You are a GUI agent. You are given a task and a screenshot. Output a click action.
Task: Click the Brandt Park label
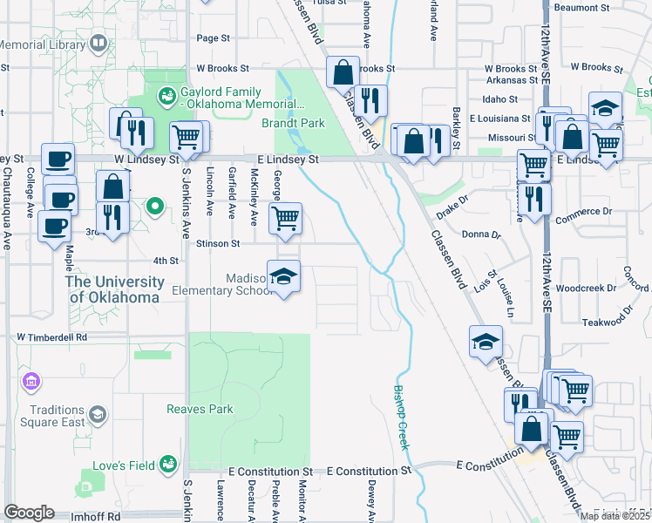pyautogui.click(x=293, y=124)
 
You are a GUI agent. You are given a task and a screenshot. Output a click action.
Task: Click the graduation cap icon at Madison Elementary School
pyautogui.click(x=283, y=277)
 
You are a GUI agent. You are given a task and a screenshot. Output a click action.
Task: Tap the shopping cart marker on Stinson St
pyautogui.click(x=285, y=219)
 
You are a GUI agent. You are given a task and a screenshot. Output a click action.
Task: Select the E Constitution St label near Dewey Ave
pyautogui.click(x=368, y=471)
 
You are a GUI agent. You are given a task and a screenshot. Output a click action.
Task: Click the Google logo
pyautogui.click(x=29, y=513)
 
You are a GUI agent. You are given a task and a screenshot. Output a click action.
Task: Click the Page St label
pyautogui.click(x=213, y=38)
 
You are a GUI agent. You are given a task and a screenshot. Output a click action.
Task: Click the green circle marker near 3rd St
pyautogui.click(x=155, y=207)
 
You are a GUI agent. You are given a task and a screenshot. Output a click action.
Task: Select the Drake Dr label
pyautogui.click(x=453, y=207)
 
